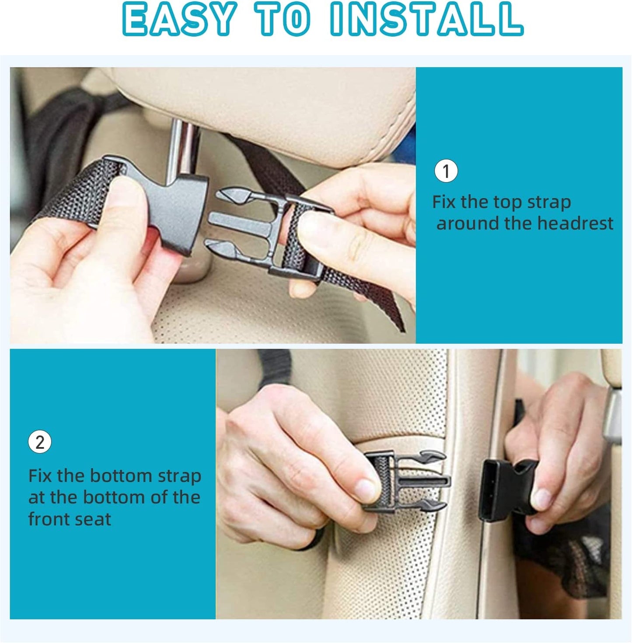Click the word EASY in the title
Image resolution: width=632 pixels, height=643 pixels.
[178, 19]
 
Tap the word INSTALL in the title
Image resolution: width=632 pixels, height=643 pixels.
[426, 19]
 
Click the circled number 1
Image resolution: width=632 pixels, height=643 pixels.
[446, 171]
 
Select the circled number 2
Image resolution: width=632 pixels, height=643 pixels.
[40, 443]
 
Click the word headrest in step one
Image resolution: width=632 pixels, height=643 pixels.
[575, 223]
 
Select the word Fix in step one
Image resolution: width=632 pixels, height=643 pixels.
[444, 202]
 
